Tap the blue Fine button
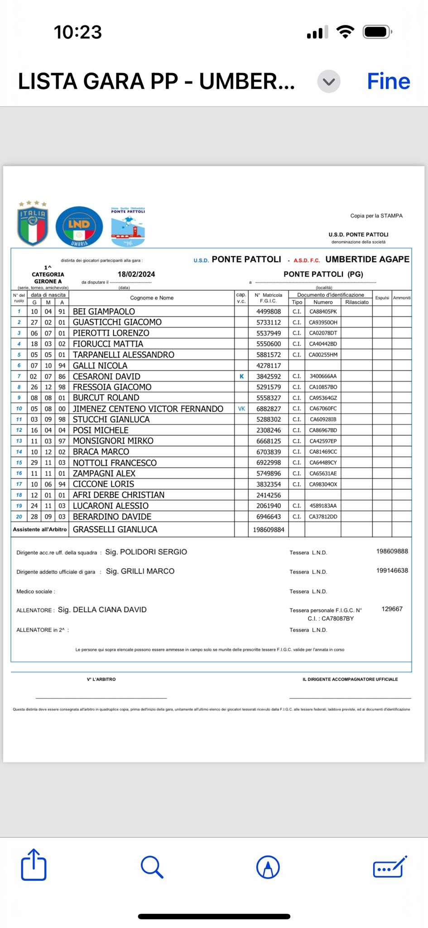(x=388, y=82)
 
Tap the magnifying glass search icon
(x=152, y=867)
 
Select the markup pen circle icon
(x=268, y=867)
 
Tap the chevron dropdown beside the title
(x=329, y=82)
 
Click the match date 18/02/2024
(x=136, y=274)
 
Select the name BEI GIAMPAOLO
(x=104, y=312)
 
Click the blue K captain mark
(x=241, y=376)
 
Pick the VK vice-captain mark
(x=241, y=409)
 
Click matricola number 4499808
(x=269, y=312)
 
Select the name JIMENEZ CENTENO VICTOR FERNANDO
(x=148, y=409)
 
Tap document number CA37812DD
(x=323, y=517)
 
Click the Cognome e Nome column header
(x=152, y=298)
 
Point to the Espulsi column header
(x=382, y=298)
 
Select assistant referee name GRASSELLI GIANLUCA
(x=115, y=529)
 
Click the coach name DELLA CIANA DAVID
(x=110, y=610)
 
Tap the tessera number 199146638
(x=392, y=570)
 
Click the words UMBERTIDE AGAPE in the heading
(x=367, y=259)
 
